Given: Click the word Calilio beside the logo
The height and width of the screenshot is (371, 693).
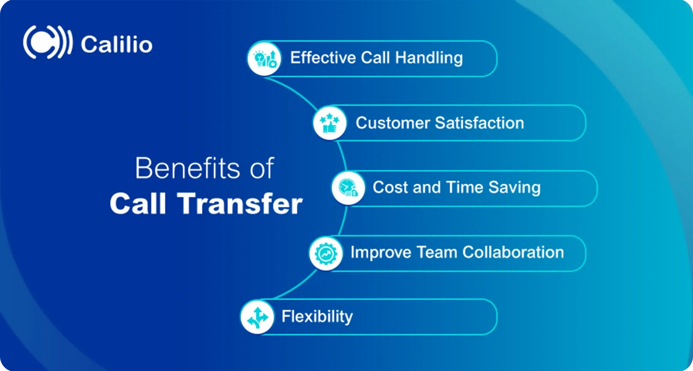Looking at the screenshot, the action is [117, 44].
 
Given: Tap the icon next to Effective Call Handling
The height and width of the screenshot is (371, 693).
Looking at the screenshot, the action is [264, 58].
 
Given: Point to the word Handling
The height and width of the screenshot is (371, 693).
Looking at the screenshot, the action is [429, 58].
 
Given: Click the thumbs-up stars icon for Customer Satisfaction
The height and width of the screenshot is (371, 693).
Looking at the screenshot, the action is [330, 123].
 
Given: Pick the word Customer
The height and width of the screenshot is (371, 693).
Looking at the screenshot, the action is [393, 123].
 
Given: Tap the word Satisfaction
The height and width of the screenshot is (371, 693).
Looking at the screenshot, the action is [480, 123].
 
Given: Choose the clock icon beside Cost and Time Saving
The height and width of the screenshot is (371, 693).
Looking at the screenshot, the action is [348, 188].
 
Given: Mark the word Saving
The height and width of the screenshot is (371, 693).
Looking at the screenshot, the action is [514, 188].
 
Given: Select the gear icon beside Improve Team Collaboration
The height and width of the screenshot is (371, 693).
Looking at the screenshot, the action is [326, 254].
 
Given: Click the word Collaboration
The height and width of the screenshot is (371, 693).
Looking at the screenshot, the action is [513, 252].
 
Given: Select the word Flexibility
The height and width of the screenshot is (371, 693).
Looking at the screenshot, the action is [317, 317].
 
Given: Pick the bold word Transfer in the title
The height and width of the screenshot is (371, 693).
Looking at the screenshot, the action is [240, 204].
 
